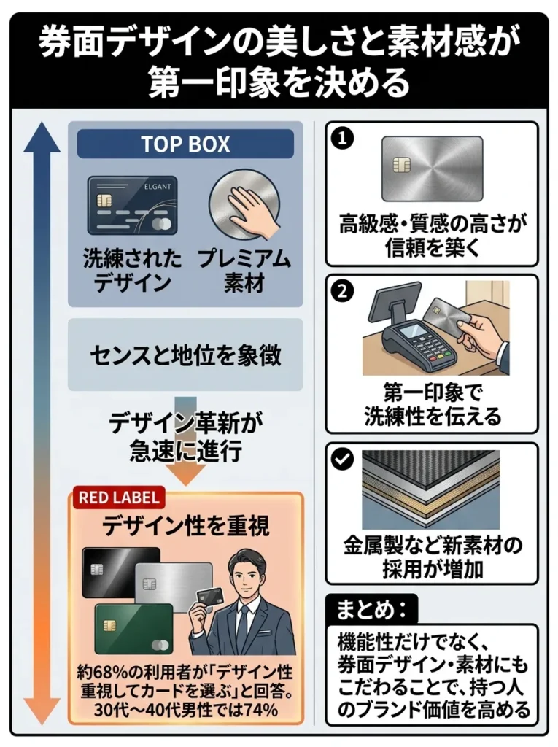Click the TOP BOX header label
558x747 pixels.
click(x=185, y=144)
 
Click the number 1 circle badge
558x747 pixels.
click(x=341, y=139)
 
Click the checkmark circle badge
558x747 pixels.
click(x=341, y=460)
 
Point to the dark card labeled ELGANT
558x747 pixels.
click(x=132, y=206)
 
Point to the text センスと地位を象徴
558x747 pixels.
click(x=185, y=355)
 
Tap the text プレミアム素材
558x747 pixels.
click(x=244, y=271)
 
